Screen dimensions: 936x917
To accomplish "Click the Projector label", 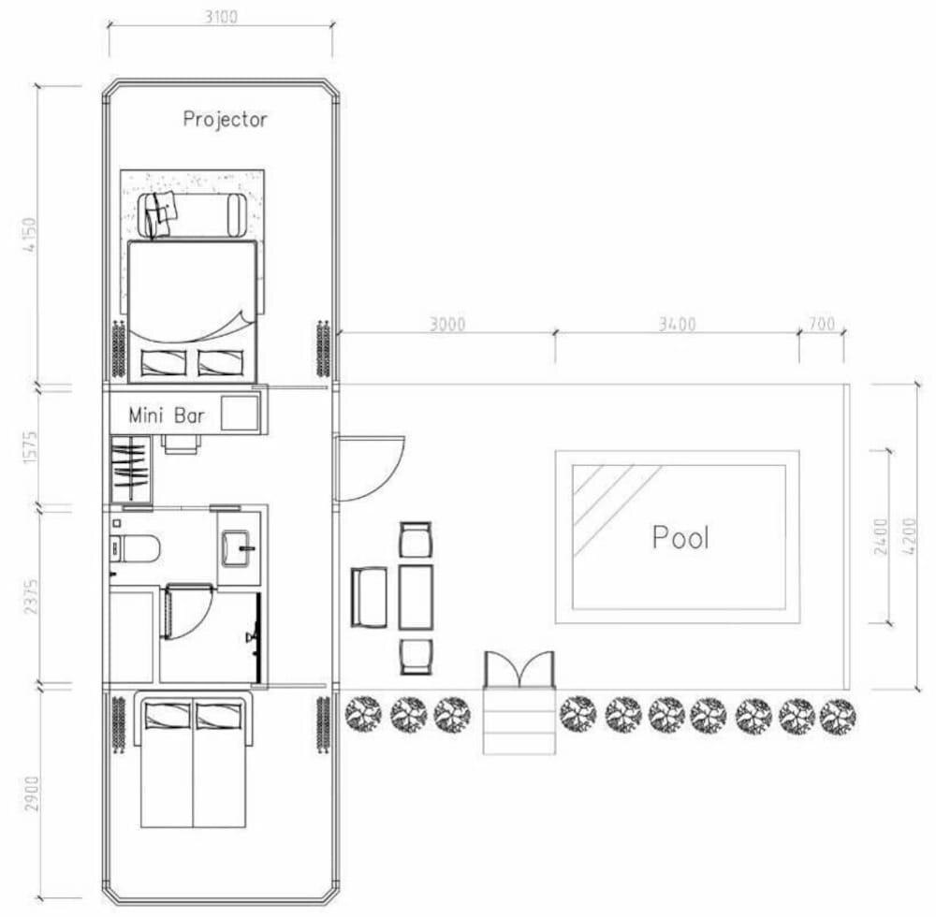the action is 225,120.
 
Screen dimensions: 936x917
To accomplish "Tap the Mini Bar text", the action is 167,415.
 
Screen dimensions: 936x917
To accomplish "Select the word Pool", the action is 680,537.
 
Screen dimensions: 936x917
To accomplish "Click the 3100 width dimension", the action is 222,17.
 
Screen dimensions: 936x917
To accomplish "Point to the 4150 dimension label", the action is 29,235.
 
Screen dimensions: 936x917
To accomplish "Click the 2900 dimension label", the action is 31,793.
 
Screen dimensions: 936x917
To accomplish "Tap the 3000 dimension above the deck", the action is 447,324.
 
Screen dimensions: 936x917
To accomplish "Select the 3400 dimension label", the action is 678,324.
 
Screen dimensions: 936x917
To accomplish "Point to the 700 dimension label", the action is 822,324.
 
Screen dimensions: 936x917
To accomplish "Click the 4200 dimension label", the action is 909,537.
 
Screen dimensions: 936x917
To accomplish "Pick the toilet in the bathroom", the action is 136,548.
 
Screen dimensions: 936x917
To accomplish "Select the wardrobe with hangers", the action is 131,470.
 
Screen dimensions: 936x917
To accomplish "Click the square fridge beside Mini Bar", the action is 240,413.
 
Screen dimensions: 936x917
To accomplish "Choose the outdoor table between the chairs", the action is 417,597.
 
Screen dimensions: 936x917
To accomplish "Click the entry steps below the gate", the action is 519,721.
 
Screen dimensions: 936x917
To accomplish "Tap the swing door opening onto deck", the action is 370,469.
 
